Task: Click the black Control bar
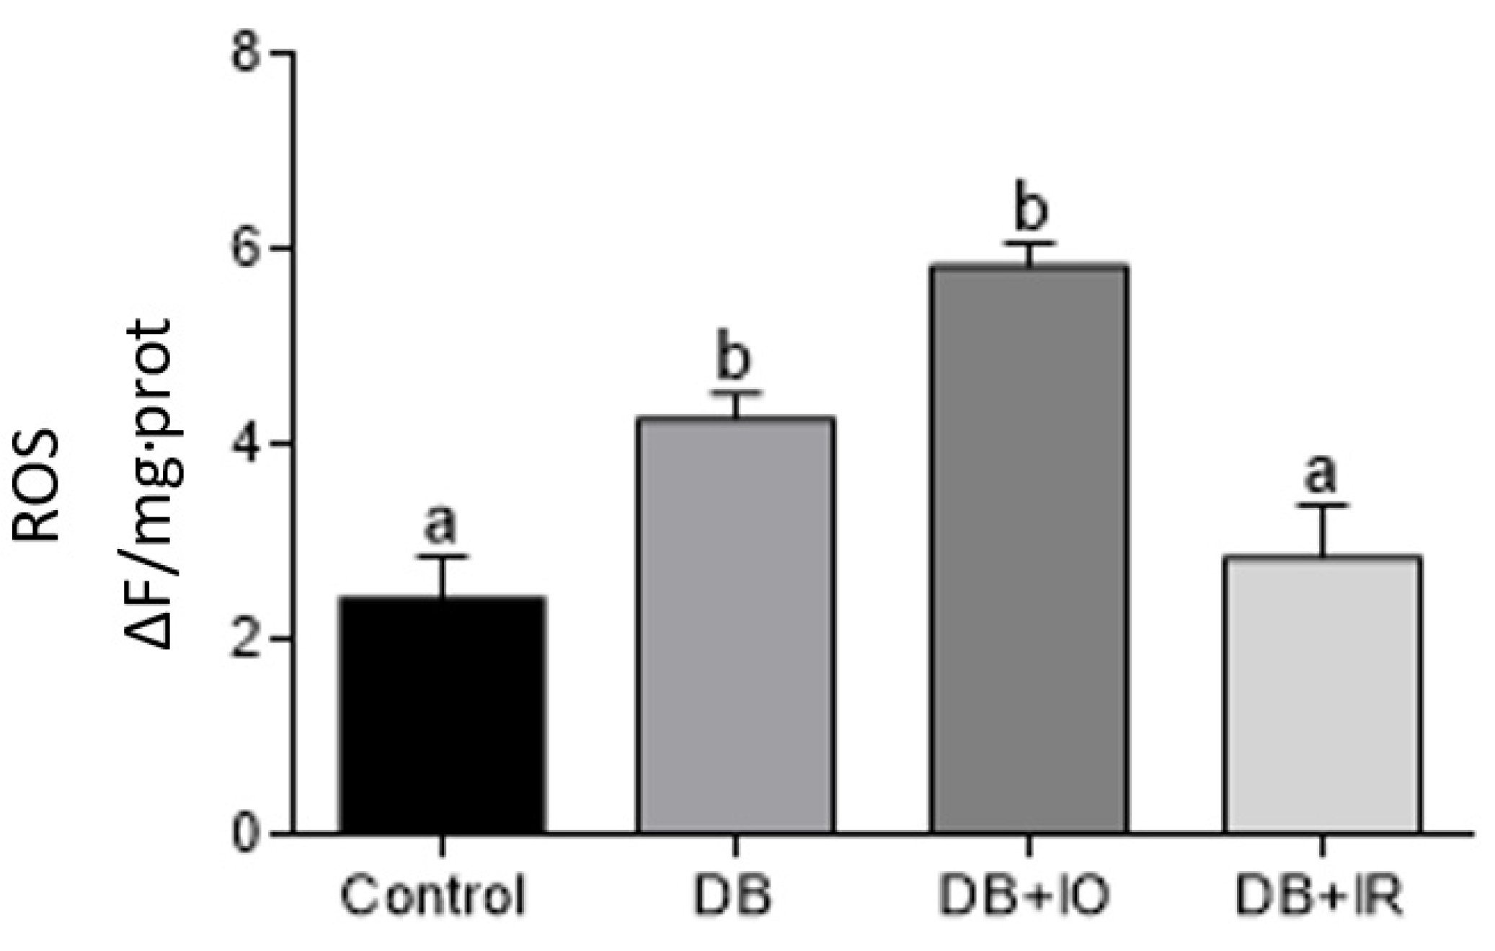coord(442,715)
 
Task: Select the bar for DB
coord(735,625)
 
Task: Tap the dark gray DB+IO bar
coord(1029,549)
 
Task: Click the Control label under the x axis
coord(432,896)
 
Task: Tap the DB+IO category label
coord(1024,896)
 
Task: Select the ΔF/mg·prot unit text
coord(150,483)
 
